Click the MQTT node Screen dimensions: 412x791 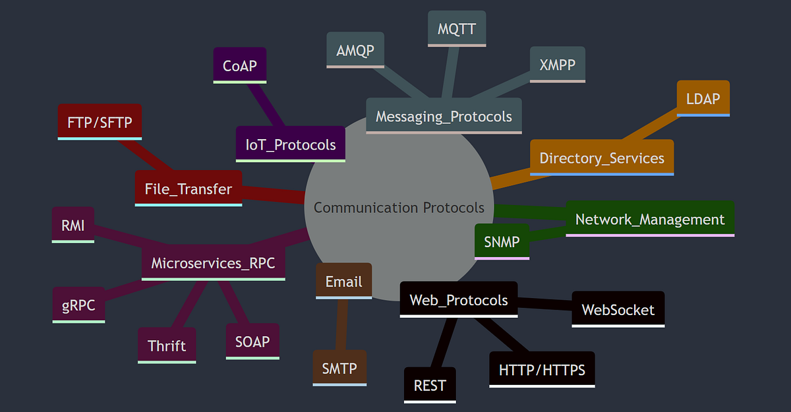457,29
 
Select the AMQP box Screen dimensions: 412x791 355,50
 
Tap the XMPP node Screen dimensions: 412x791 557,65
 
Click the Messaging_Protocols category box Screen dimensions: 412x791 444,116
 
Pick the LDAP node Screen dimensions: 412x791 703,98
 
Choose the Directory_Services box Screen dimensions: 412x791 602,158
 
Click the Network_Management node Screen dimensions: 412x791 649,219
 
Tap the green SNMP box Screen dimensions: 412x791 502,241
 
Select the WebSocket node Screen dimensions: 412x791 618,309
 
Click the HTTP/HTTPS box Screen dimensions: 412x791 542,369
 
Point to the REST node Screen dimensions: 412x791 430,385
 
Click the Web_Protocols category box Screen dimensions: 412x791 459,300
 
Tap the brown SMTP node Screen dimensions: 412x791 339,368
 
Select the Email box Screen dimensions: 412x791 344,281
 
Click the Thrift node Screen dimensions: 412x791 167,345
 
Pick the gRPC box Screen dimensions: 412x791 78,305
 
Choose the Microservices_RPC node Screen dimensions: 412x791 213,263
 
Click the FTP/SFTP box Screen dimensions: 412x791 100,122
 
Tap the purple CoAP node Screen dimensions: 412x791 240,65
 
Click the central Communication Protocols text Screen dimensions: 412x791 399,208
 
